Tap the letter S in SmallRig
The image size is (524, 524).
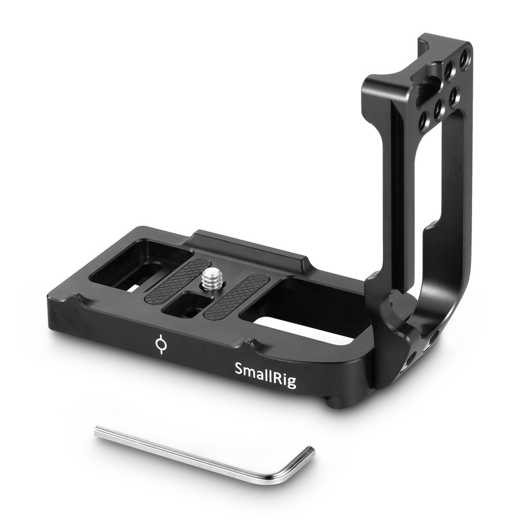click(239, 368)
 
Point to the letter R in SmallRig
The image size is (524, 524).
click(276, 376)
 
